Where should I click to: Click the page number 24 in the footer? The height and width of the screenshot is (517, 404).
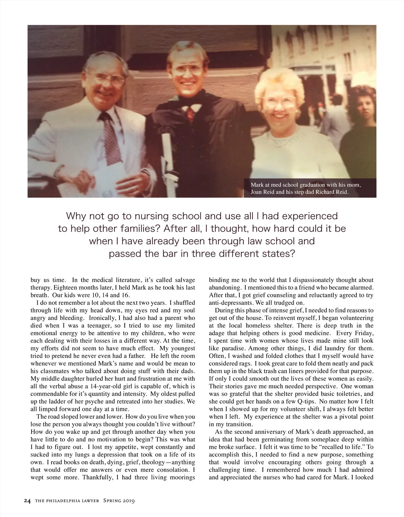[x=27, y=501]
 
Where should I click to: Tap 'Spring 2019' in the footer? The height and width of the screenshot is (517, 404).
[x=119, y=501]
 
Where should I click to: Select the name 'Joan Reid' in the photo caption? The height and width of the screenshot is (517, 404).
[x=262, y=192]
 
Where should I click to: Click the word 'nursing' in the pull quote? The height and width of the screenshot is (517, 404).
[x=154, y=216]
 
